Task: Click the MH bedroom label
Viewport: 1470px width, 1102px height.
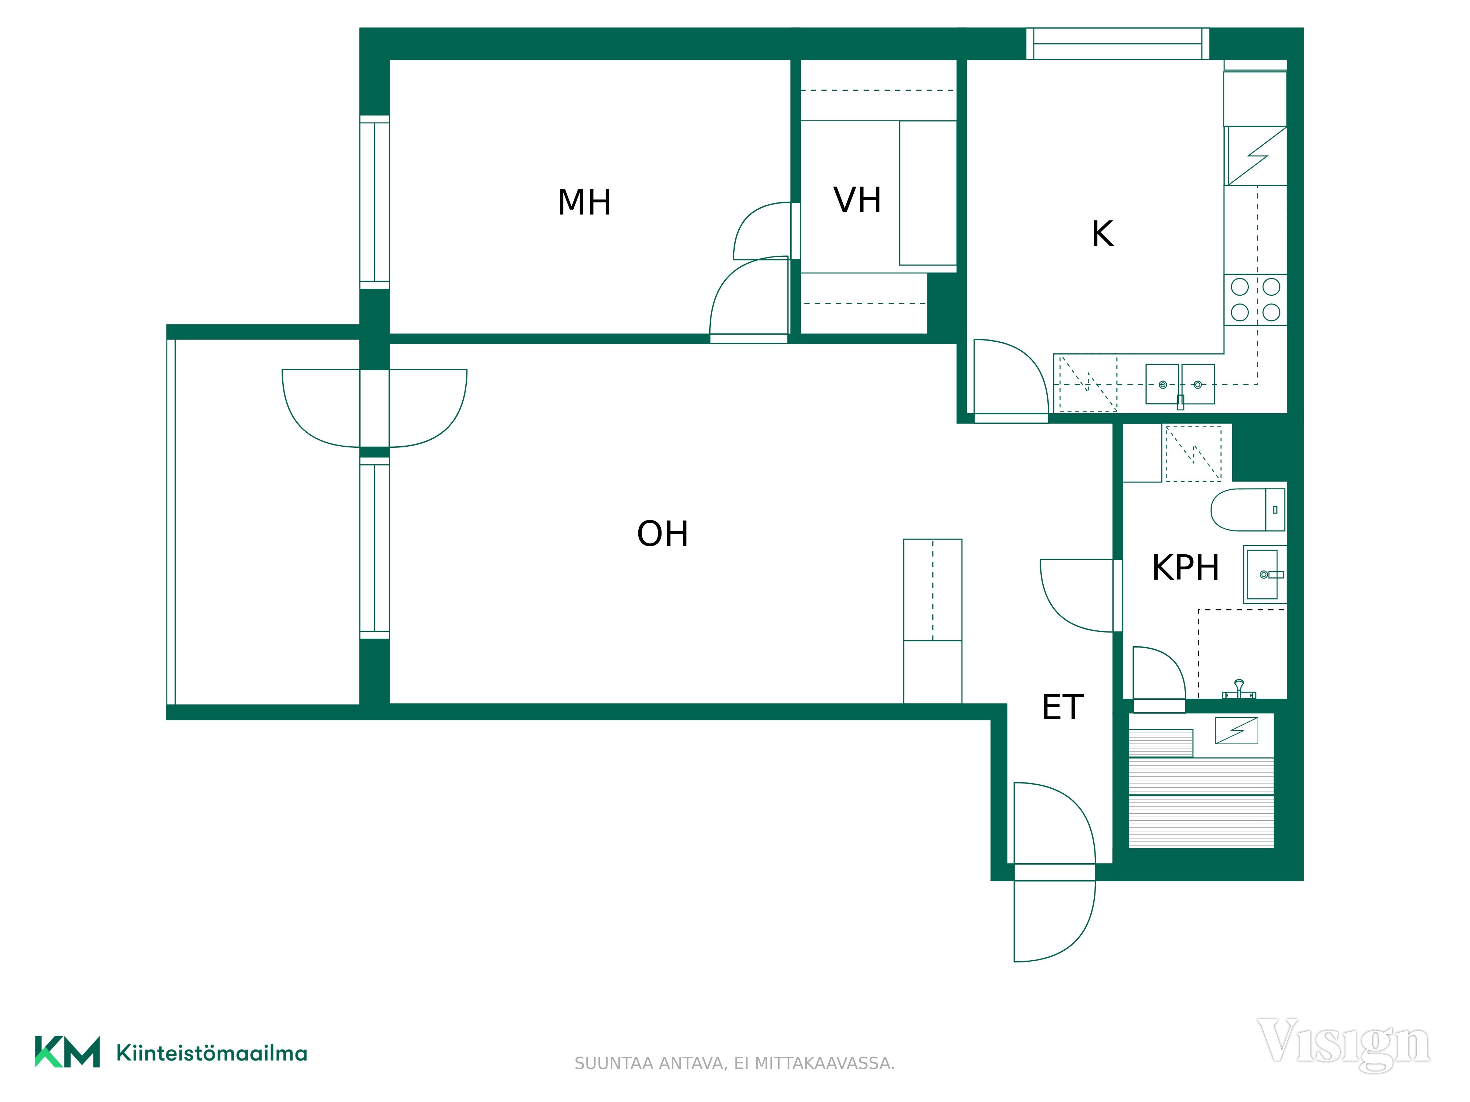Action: click(584, 203)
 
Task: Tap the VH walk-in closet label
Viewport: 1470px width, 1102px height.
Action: click(857, 200)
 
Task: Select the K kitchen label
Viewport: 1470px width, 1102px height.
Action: click(1102, 234)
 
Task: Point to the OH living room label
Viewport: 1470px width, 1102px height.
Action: click(663, 533)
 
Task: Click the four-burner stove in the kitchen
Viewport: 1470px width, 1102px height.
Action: click(1255, 300)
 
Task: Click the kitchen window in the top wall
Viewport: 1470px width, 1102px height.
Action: click(1118, 44)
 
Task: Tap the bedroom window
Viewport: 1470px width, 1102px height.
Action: click(374, 202)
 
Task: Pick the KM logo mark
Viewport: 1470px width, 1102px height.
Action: click(67, 1052)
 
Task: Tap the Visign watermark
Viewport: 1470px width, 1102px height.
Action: click(1343, 1045)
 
